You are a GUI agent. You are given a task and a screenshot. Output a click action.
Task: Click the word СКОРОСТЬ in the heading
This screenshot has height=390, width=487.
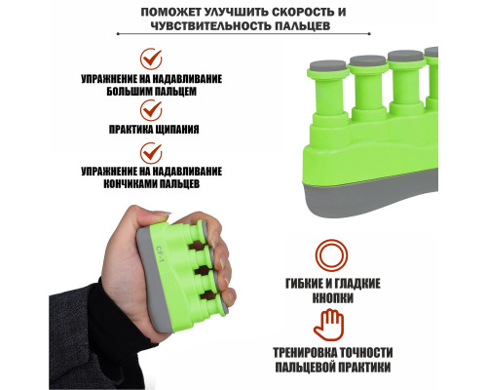(302, 12)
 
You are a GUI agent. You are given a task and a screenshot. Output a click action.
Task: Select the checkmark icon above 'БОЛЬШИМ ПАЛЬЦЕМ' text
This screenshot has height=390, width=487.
(151, 58)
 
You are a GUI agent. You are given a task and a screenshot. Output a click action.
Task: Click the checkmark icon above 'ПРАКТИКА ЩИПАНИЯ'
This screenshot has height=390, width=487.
(151, 110)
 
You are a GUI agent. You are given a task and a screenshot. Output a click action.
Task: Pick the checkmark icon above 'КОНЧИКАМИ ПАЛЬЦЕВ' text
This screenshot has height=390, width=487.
(151, 153)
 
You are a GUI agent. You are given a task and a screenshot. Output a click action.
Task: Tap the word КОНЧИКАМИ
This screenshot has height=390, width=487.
(131, 184)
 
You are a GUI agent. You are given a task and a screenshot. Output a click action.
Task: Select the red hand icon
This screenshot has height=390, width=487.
(328, 326)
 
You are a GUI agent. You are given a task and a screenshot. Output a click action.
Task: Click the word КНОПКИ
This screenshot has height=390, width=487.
(333, 297)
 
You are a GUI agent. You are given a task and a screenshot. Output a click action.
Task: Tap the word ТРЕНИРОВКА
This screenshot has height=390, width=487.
(305, 352)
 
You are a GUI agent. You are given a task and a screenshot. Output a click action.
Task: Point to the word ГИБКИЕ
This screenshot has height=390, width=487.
(305, 284)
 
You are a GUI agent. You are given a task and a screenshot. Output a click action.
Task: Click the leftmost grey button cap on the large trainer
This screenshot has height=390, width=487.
(327, 67)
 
